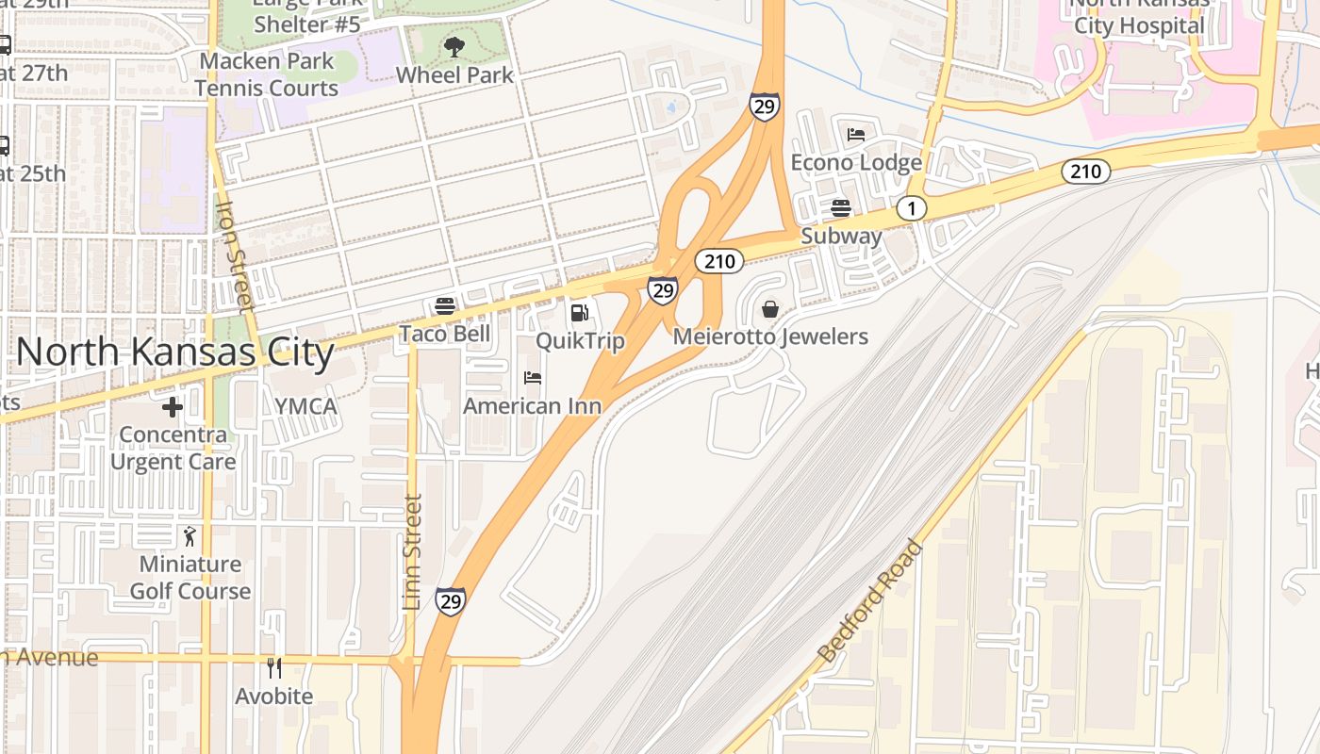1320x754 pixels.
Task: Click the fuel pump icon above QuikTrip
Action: [579, 313]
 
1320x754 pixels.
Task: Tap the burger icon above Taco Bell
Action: [445, 306]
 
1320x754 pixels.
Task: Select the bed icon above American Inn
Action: [533, 379]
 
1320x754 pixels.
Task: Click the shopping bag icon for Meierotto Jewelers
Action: [770, 309]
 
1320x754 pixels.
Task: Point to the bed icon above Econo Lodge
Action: [856, 135]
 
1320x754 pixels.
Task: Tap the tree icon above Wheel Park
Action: [454, 46]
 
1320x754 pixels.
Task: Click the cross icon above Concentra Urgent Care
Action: [172, 407]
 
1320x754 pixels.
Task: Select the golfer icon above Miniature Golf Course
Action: [190, 536]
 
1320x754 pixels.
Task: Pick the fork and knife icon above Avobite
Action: [274, 668]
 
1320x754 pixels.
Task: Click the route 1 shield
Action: [911, 208]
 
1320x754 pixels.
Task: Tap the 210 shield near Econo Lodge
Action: [1085, 172]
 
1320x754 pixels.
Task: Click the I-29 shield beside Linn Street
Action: [450, 600]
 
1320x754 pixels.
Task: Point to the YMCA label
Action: [305, 406]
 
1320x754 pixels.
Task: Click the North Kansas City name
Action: [175, 352]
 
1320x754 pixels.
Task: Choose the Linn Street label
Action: [411, 552]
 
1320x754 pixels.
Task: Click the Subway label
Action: [841, 236]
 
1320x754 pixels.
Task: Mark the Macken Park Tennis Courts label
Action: [266, 74]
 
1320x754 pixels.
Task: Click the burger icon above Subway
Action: [841, 208]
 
